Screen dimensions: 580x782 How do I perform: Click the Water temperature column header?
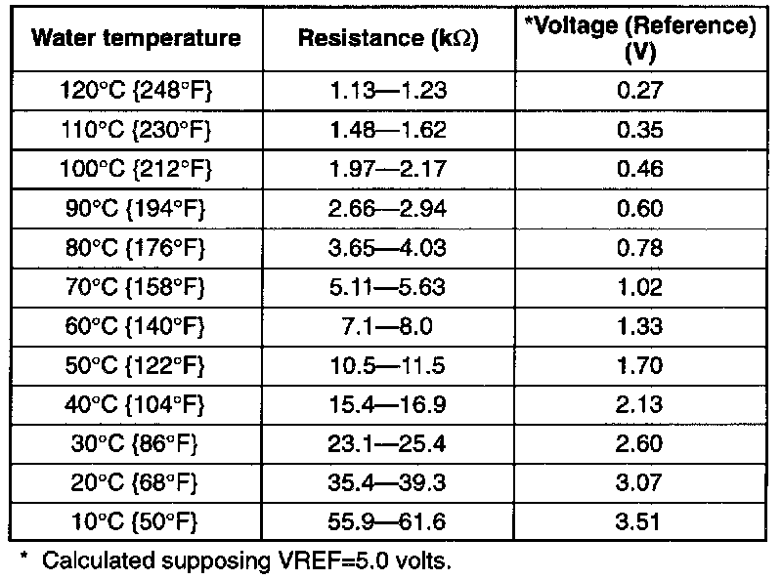pyautogui.click(x=137, y=40)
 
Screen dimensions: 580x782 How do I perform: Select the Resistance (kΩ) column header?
pyautogui.click(x=387, y=40)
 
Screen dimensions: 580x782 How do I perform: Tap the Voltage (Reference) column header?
pyautogui.click(x=641, y=39)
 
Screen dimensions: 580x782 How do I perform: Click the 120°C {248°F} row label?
pyautogui.click(x=137, y=91)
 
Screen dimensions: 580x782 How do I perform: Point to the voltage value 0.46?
pyautogui.click(x=642, y=169)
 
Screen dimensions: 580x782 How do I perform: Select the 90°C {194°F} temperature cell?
pyautogui.click(x=137, y=208)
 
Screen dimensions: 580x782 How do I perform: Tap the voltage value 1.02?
pyautogui.click(x=642, y=287)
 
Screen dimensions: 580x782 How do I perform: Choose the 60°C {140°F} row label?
pyautogui.click(x=137, y=326)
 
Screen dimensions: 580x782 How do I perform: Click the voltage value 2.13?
pyautogui.click(x=642, y=404)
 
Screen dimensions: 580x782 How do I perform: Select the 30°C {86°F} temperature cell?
pyautogui.click(x=137, y=443)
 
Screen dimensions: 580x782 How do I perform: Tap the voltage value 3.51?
pyautogui.click(x=642, y=521)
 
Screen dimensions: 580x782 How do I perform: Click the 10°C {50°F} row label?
pyautogui.click(x=137, y=521)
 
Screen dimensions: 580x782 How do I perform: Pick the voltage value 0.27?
pyautogui.click(x=642, y=91)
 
